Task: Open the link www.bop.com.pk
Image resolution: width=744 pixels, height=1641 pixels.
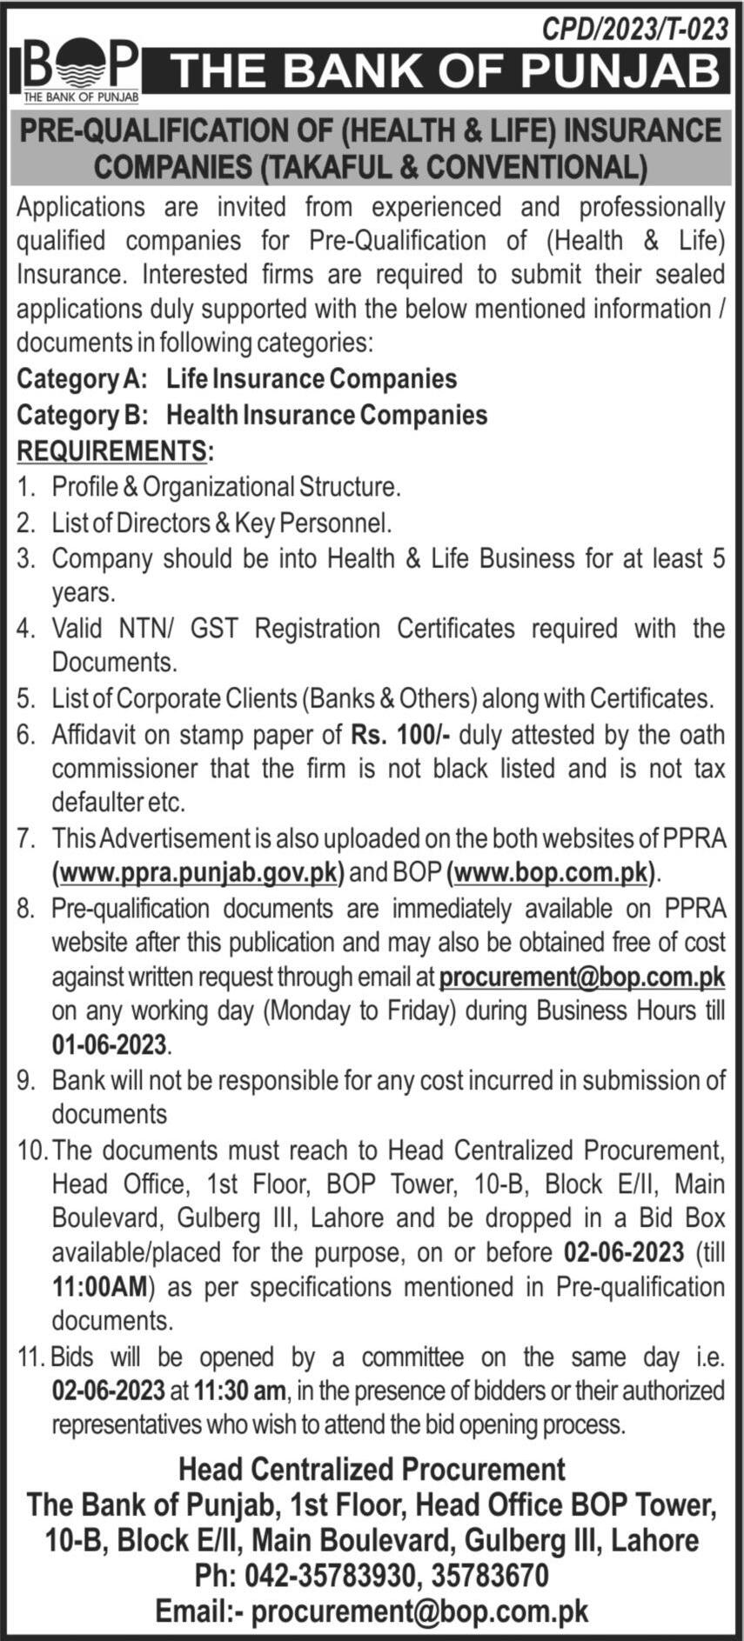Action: pos(553,872)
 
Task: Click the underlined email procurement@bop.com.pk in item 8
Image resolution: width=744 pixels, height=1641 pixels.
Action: pos(582,977)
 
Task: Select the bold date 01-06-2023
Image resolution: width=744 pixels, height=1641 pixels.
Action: pos(109,1044)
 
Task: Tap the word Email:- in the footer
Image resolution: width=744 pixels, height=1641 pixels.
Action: pos(199,1610)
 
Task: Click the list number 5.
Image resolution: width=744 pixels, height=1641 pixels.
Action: pos(25,698)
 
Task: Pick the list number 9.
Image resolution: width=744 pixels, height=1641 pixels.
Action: pos(25,1081)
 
